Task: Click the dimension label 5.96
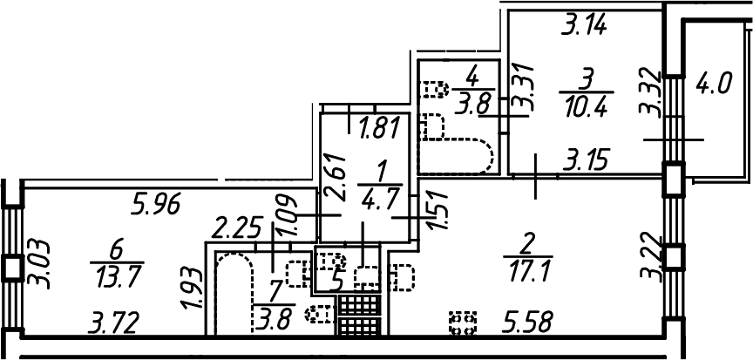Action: pos(156,207)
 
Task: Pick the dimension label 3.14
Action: pos(585,26)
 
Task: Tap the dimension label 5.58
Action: pos(526,322)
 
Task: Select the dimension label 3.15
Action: pos(586,160)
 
